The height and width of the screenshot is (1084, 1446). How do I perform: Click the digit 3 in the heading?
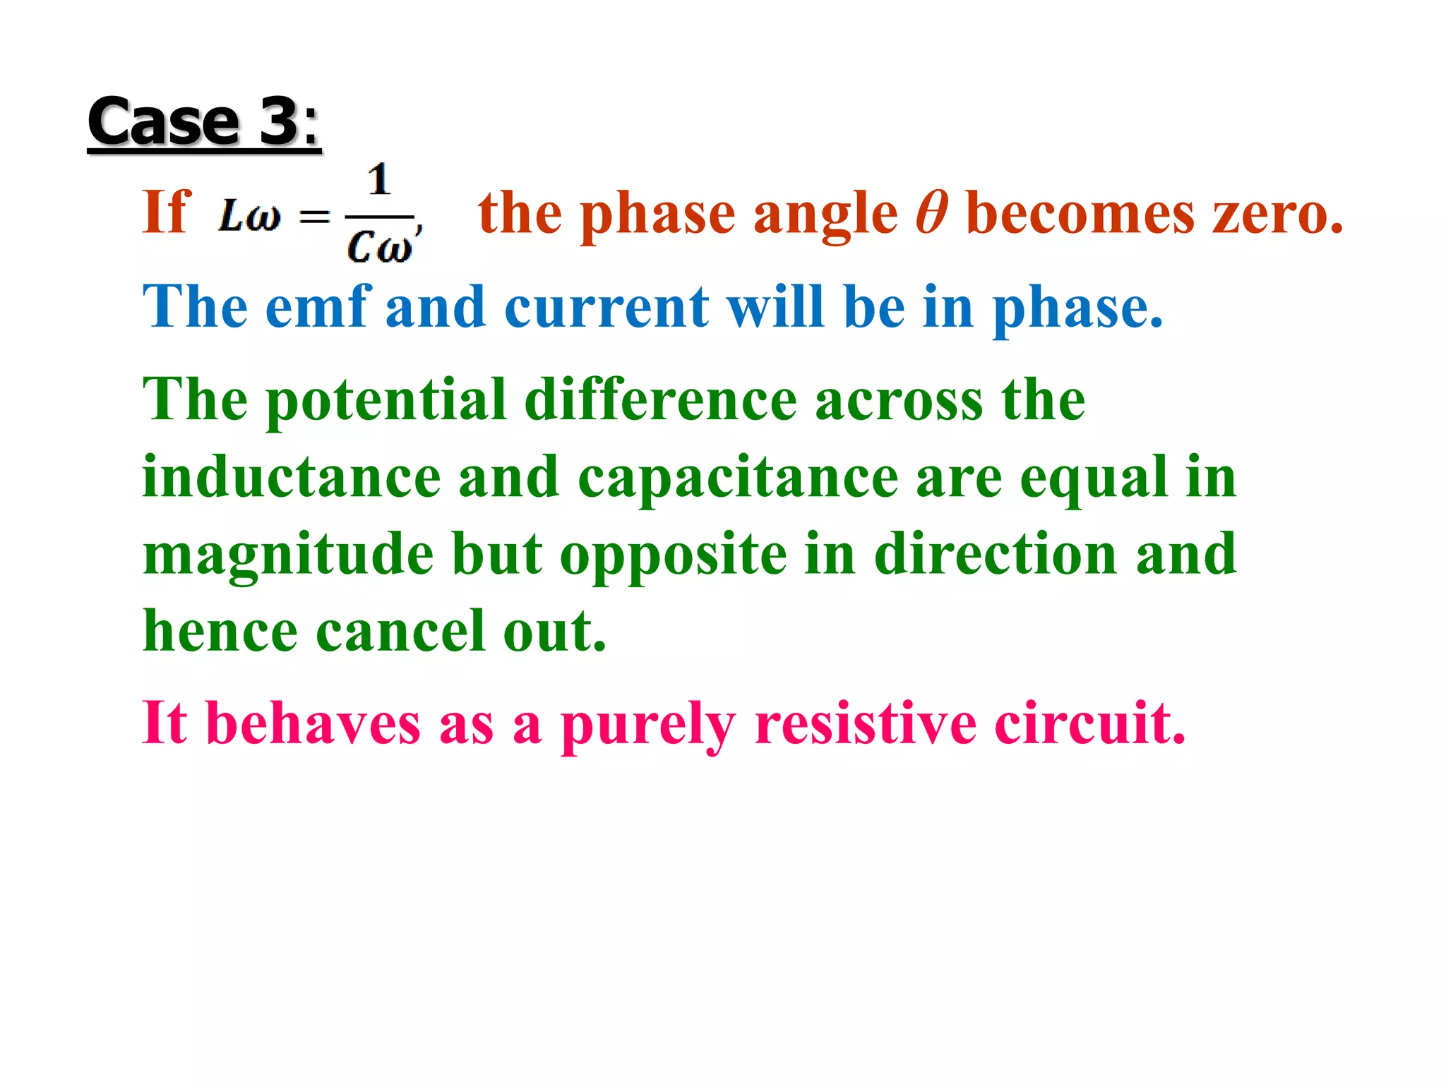point(280,121)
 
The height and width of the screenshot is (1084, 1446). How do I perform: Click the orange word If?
point(167,212)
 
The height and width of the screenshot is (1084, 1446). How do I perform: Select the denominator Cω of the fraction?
point(379,247)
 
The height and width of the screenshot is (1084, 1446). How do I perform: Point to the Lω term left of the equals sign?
point(249,215)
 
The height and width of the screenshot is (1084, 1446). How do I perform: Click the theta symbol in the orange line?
point(931,212)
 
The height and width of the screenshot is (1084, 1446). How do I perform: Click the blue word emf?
point(318,306)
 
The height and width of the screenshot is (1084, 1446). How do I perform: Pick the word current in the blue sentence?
point(607,308)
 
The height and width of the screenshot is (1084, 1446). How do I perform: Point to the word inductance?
point(292,478)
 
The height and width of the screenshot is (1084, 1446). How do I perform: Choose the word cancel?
point(401,631)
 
